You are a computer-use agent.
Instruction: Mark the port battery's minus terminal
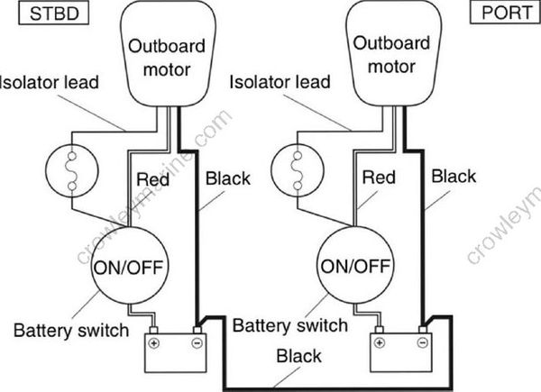click(420, 343)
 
